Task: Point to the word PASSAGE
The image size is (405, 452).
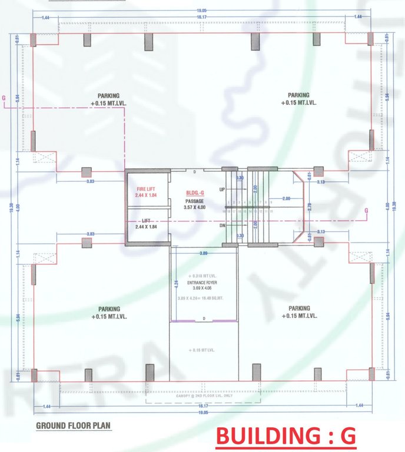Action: click(194, 201)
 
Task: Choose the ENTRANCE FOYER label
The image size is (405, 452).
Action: click(203, 282)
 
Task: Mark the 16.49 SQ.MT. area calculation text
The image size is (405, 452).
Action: click(203, 298)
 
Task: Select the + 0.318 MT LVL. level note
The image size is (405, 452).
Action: click(203, 276)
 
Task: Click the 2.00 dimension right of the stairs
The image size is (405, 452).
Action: click(286, 198)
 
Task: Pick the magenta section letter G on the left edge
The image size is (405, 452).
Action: click(5, 98)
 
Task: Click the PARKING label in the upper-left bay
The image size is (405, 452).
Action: click(109, 95)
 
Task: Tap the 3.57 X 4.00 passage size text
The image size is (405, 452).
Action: click(194, 208)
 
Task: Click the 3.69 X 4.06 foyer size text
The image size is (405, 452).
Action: click(203, 288)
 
